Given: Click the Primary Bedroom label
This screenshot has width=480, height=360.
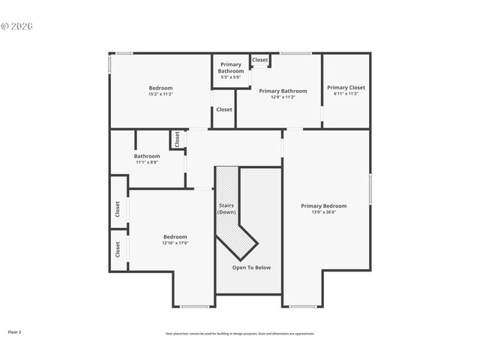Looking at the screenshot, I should point(323,206).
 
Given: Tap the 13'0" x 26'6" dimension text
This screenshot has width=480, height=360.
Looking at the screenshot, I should point(323,212).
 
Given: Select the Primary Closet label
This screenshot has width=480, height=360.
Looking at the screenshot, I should point(346,88).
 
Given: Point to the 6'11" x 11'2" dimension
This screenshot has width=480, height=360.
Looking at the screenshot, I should point(346,94).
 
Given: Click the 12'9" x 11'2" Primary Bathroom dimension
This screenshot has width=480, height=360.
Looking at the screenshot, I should point(277,97).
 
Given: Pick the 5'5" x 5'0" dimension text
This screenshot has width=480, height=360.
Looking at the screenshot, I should point(230,77).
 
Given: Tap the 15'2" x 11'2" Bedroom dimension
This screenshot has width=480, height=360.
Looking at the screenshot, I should point(160,94).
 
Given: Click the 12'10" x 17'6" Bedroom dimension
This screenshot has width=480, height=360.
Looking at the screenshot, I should point(175,243).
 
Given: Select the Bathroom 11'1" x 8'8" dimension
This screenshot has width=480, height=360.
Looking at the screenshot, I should point(147,162).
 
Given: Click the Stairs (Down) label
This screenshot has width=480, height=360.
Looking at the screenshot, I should point(226,208).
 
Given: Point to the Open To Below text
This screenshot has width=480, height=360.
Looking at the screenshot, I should point(251,268).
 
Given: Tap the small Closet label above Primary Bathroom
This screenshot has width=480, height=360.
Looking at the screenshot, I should point(260,60).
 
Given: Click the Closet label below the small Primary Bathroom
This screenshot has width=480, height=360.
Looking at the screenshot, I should point(224,109).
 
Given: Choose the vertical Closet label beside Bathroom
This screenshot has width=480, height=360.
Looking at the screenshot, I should point(178,139).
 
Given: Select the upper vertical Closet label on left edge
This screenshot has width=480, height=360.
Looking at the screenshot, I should point(118,209).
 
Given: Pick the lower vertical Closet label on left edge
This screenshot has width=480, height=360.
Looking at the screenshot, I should point(118,249).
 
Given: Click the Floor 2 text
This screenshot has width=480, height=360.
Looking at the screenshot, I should point(15,331).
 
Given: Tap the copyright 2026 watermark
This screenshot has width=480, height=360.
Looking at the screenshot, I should point(17,26).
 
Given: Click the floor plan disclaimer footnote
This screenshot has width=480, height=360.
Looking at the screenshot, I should point(240,334).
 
